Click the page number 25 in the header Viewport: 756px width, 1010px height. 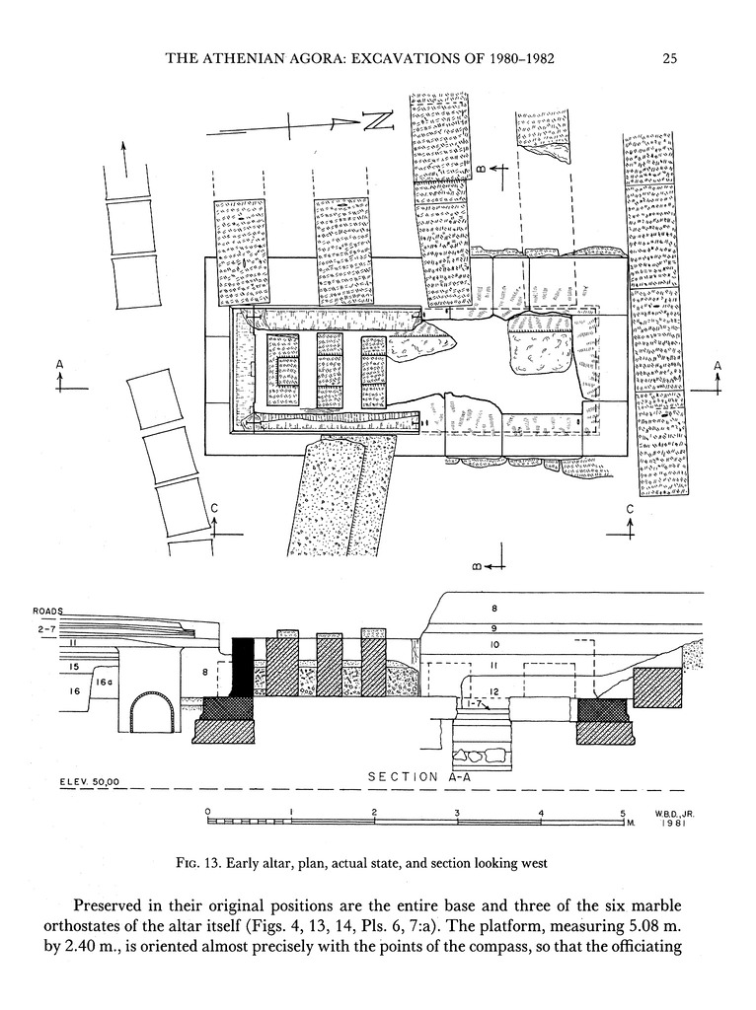click(668, 58)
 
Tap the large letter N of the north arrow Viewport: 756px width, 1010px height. click(377, 121)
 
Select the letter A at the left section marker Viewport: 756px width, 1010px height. click(60, 365)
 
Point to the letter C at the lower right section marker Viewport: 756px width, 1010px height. click(630, 509)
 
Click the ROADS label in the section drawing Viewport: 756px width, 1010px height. click(47, 612)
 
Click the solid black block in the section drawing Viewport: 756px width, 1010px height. click(243, 668)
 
